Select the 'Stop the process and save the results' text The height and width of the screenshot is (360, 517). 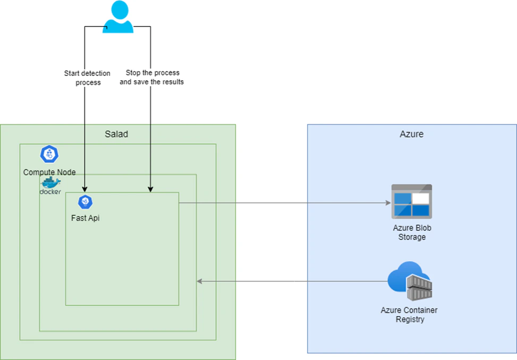(x=151, y=77)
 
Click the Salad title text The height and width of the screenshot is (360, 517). (x=116, y=134)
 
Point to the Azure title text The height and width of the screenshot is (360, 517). (x=411, y=134)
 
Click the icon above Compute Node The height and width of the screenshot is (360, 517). (x=49, y=154)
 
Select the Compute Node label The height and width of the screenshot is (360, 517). (x=49, y=173)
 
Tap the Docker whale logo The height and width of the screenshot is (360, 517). (x=51, y=183)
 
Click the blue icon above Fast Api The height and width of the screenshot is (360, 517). (x=85, y=202)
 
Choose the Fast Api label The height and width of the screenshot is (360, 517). (x=85, y=218)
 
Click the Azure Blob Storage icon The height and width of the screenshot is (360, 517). (x=411, y=201)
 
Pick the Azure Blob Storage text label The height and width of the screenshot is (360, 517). (x=412, y=233)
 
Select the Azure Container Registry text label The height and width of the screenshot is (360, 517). (x=409, y=315)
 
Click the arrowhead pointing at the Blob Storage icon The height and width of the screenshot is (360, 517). (x=387, y=203)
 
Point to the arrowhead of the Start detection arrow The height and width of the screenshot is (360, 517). (x=85, y=188)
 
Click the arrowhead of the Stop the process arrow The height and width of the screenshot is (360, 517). (x=151, y=188)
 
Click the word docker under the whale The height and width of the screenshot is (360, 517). (x=50, y=192)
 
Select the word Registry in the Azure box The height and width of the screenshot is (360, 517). (x=410, y=320)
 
